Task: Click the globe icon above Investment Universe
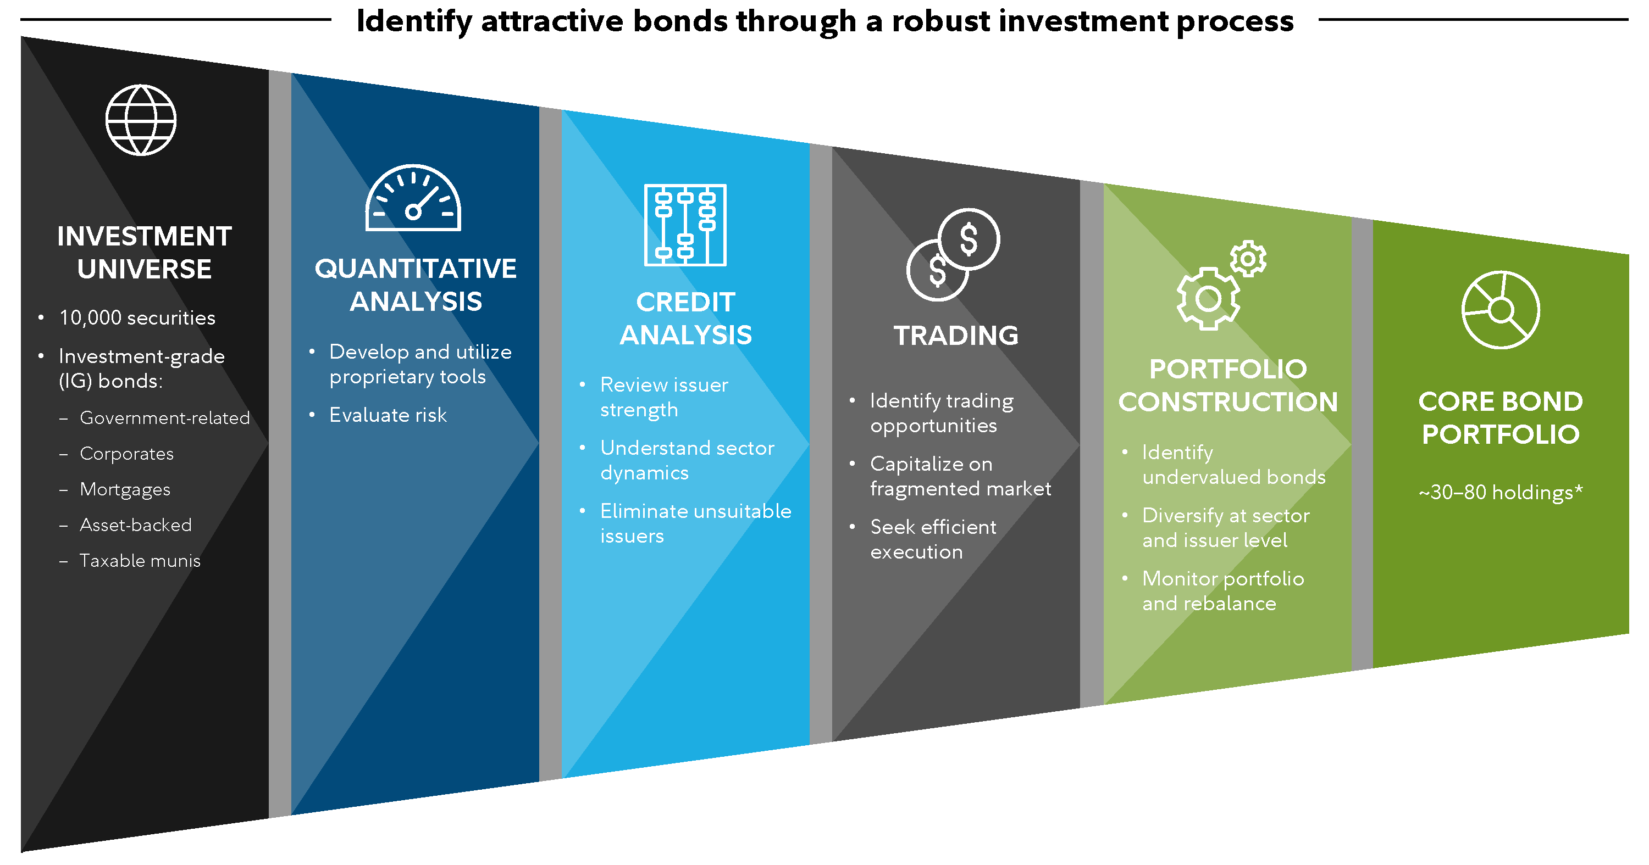(x=141, y=120)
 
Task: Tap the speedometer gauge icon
(x=413, y=198)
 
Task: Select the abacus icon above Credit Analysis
(x=685, y=225)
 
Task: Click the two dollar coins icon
(x=953, y=255)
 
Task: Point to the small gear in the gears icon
(x=1248, y=259)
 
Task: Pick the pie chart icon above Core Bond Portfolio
(x=1501, y=310)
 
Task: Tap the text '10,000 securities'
(x=137, y=318)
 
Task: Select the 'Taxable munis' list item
(x=140, y=561)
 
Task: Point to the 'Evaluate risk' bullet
(x=388, y=415)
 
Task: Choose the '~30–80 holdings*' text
(x=1501, y=492)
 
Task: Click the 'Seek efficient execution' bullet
(x=933, y=539)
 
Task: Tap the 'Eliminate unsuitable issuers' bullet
(x=696, y=523)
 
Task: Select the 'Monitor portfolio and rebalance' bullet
(x=1222, y=591)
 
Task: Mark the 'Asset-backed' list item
(x=136, y=525)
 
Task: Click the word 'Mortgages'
(x=125, y=490)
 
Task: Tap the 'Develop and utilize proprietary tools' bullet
(x=420, y=365)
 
